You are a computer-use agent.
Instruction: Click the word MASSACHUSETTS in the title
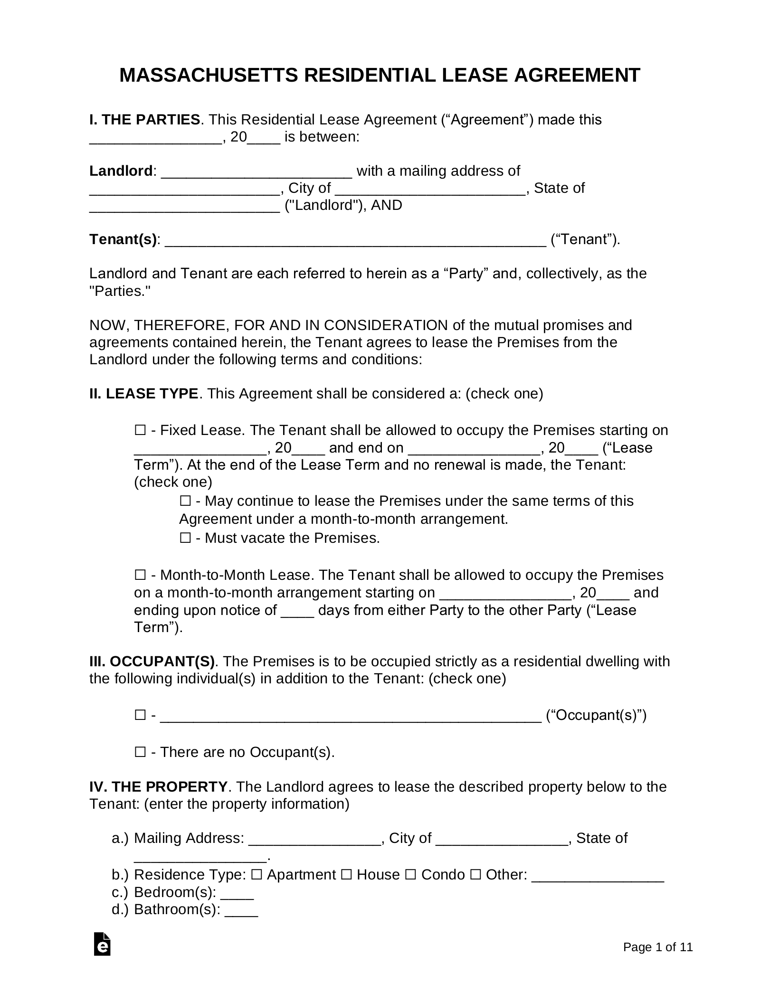(x=209, y=75)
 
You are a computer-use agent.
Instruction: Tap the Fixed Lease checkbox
(x=140, y=430)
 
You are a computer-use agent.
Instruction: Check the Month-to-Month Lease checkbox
(x=140, y=575)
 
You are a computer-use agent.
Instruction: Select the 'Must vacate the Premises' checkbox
(x=185, y=538)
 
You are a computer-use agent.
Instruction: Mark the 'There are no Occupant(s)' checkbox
(x=140, y=752)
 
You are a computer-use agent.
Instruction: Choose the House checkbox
(x=346, y=875)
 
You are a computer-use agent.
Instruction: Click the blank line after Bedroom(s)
(x=237, y=893)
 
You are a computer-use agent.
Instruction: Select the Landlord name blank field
(x=256, y=172)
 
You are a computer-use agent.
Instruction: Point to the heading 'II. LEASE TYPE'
(x=143, y=394)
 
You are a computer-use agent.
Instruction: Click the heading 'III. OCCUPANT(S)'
(x=152, y=662)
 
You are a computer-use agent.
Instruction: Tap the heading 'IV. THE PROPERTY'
(x=158, y=787)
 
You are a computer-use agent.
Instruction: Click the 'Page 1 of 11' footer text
(x=657, y=947)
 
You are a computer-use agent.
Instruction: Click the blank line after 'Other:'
(x=597, y=876)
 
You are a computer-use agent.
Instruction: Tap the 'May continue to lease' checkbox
(x=185, y=501)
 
